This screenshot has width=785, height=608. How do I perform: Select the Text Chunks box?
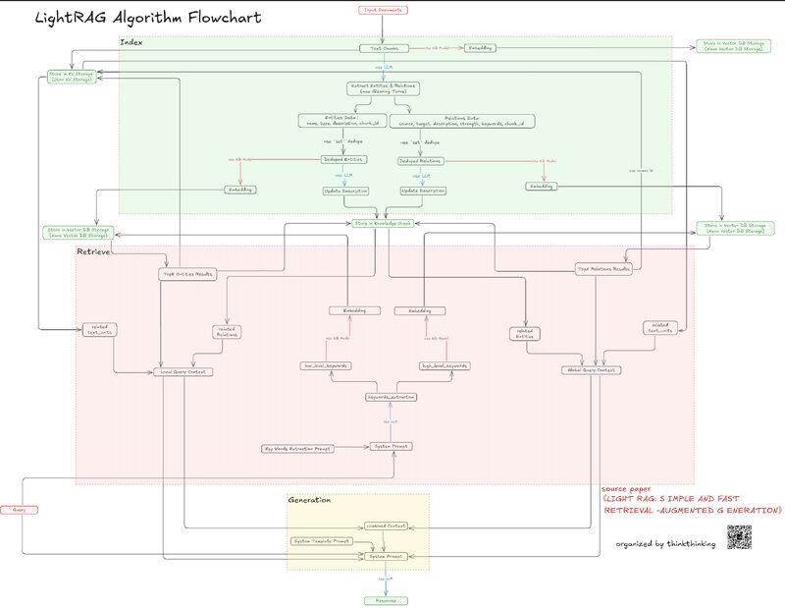[384, 47]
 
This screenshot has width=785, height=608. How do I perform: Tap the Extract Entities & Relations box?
[384, 87]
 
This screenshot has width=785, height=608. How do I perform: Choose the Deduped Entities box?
[342, 159]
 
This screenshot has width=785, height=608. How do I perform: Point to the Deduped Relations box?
[421, 159]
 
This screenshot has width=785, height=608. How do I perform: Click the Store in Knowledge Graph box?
[384, 223]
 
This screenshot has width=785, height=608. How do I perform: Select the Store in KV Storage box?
[70, 76]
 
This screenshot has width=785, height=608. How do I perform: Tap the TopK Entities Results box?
[186, 273]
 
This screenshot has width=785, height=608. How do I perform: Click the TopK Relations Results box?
[602, 268]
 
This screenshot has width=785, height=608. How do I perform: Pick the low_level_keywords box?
[326, 365]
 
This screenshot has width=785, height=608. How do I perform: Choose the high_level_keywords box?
[444, 365]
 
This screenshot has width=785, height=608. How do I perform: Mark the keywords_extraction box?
[391, 397]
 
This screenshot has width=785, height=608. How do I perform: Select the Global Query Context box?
[589, 370]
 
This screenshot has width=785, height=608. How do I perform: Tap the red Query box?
[17, 510]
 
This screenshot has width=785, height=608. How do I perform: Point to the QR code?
[739, 537]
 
